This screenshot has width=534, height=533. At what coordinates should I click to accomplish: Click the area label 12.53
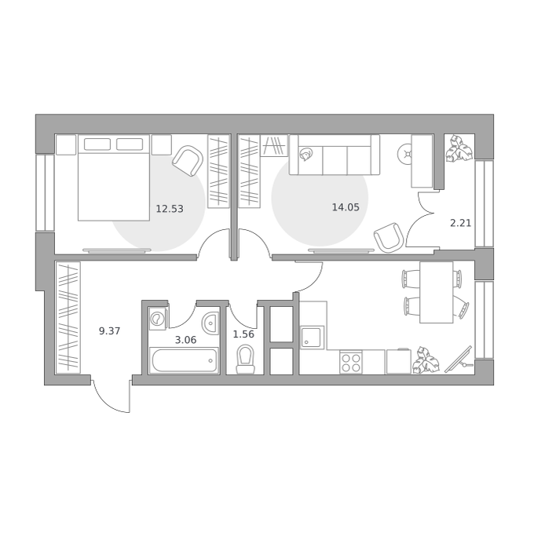click(x=170, y=209)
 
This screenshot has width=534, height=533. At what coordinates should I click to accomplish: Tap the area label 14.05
click(x=346, y=207)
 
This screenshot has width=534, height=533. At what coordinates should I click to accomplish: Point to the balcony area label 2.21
click(x=460, y=223)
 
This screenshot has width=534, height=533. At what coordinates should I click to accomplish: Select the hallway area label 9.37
click(x=110, y=330)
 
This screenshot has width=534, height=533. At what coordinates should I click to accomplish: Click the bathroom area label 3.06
click(x=185, y=340)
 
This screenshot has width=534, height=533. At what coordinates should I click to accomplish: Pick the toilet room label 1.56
click(x=243, y=334)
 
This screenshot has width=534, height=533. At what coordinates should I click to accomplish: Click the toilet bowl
click(x=246, y=360)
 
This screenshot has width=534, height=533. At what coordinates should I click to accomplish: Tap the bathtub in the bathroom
click(x=184, y=360)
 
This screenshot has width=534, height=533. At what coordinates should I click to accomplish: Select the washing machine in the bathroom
click(x=158, y=319)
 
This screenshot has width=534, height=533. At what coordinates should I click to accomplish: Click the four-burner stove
click(x=351, y=362)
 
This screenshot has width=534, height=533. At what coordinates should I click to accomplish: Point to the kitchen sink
click(x=312, y=337)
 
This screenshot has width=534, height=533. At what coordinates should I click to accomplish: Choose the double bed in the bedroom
click(x=114, y=177)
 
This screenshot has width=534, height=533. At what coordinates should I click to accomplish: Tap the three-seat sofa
click(x=335, y=155)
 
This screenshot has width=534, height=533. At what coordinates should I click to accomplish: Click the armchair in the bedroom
click(x=188, y=161)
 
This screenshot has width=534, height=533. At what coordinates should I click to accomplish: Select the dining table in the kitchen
click(x=437, y=292)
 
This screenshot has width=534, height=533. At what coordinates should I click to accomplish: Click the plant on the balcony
click(x=459, y=149)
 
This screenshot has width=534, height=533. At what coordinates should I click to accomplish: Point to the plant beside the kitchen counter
click(x=426, y=360)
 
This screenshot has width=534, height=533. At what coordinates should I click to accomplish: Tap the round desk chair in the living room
click(x=405, y=154)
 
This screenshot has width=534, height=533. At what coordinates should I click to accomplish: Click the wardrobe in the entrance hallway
click(x=68, y=318)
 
